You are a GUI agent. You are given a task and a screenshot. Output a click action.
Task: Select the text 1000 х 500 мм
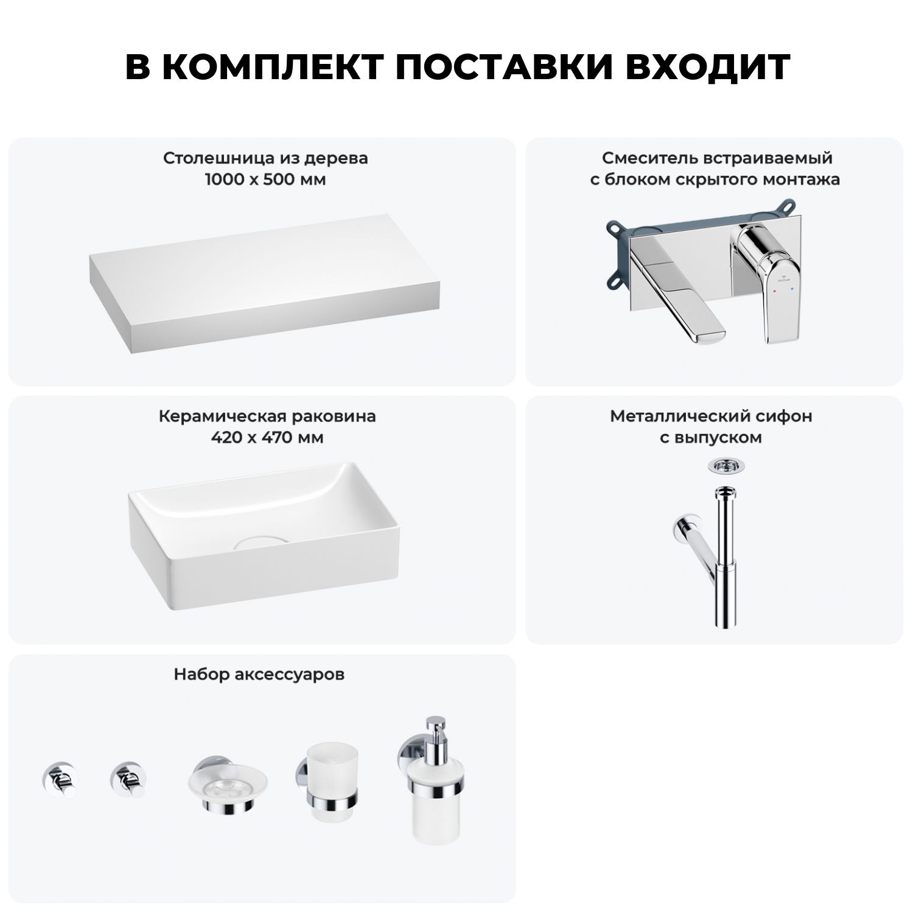(x=265, y=180)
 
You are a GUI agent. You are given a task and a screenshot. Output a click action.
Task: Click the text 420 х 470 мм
(x=267, y=438)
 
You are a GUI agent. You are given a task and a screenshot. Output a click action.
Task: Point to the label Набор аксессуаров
(x=259, y=674)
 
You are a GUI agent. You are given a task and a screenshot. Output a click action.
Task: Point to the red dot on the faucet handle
(x=774, y=292)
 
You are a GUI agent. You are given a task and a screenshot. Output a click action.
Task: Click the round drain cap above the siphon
(x=724, y=466)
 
